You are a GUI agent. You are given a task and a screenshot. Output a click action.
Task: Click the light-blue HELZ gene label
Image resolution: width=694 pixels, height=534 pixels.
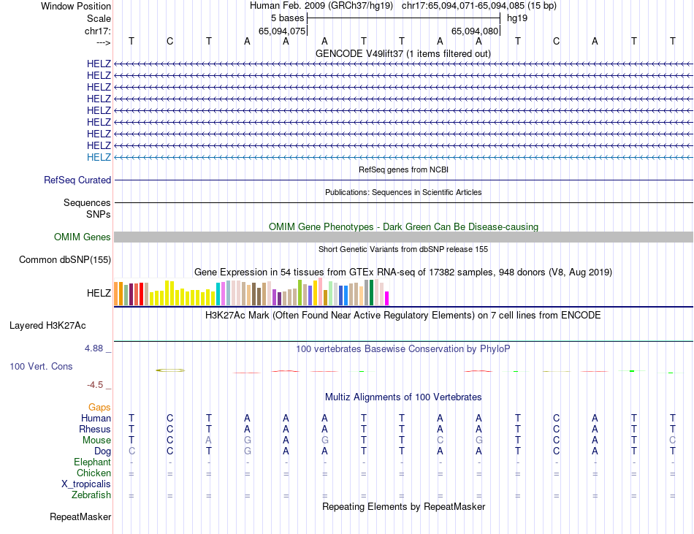click(x=99, y=157)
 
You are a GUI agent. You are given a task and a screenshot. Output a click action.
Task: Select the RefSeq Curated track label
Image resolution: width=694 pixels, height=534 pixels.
click(x=77, y=180)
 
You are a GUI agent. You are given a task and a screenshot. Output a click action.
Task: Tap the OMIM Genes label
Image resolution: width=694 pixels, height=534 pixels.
click(x=83, y=237)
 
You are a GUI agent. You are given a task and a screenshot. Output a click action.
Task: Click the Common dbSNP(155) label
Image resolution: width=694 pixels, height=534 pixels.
click(x=65, y=259)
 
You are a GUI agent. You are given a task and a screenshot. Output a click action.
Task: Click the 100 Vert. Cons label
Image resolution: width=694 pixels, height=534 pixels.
click(x=41, y=366)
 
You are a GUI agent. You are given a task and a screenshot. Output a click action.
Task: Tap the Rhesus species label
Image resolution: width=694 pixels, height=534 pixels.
click(x=96, y=429)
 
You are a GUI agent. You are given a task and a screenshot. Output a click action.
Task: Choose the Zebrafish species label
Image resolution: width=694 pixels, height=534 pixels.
click(x=92, y=495)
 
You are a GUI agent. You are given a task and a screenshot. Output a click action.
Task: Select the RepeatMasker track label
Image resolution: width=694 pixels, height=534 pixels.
click(x=80, y=517)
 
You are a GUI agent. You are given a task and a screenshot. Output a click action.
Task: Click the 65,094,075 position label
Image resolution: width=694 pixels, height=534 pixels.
click(x=282, y=31)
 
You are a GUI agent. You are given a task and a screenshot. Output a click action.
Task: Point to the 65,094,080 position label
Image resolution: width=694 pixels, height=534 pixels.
click(x=475, y=31)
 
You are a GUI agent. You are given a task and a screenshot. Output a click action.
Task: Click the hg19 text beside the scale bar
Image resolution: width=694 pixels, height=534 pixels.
click(x=517, y=18)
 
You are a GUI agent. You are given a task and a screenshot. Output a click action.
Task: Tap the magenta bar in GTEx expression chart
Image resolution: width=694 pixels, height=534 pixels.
click(x=387, y=298)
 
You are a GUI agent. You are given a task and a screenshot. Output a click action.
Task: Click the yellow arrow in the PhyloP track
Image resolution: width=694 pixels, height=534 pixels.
click(x=170, y=370)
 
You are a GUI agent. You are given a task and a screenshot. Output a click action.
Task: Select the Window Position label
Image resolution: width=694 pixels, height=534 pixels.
click(x=76, y=6)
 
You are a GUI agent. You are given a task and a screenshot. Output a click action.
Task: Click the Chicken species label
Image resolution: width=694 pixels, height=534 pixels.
click(x=93, y=473)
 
